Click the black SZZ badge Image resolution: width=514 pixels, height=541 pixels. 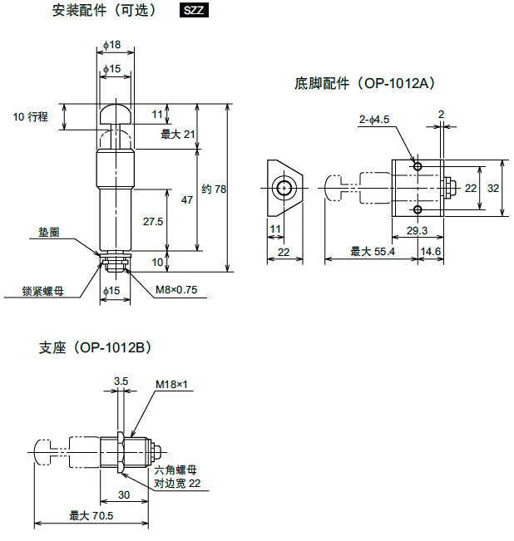(x=193, y=11)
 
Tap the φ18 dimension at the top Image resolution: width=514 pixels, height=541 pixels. (x=112, y=44)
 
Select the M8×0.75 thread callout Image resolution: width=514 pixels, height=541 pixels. (x=176, y=290)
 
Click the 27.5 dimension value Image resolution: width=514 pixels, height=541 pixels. (x=152, y=222)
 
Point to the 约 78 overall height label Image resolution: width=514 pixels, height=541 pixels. (x=214, y=189)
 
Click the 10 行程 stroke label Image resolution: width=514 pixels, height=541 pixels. (x=31, y=117)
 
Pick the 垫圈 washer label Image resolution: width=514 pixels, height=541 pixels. (x=48, y=234)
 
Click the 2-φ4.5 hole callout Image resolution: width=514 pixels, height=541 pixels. (x=374, y=120)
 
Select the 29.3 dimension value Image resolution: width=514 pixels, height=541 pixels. (x=418, y=230)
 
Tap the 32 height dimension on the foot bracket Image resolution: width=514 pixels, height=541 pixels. (x=493, y=189)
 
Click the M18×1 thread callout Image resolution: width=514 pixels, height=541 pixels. (x=172, y=385)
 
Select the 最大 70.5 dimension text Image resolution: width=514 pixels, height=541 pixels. (x=91, y=515)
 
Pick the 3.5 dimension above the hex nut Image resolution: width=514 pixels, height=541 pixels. (x=121, y=381)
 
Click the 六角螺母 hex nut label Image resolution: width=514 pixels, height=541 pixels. (x=174, y=470)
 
